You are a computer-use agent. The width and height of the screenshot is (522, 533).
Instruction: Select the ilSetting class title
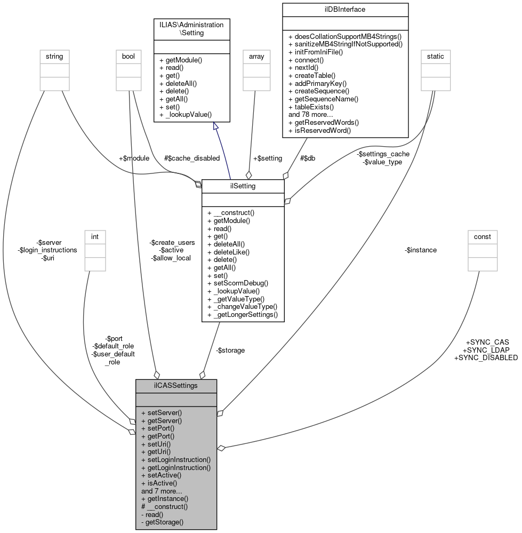243,186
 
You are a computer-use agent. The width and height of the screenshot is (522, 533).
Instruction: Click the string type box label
54,55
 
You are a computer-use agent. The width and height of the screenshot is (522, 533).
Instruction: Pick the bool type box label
129,55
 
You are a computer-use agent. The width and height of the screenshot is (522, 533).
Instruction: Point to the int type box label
95,236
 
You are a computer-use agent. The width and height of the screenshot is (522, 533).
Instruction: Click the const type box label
482,236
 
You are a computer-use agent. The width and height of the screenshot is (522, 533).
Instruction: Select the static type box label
436,55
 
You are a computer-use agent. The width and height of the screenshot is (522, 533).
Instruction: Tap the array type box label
254,55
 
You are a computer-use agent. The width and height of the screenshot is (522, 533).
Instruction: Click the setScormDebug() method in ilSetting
237,283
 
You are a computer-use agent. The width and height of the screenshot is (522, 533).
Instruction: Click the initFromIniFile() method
316,52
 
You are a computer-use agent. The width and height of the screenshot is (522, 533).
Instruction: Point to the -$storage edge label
230,350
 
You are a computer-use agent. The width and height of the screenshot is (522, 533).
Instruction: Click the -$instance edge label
421,250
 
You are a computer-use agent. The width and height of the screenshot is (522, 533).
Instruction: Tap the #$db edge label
308,158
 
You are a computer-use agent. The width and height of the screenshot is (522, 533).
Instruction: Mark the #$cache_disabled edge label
191,158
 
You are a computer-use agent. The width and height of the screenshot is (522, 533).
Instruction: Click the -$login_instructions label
47,250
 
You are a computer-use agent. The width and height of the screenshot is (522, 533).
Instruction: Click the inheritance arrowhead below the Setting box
216,126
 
